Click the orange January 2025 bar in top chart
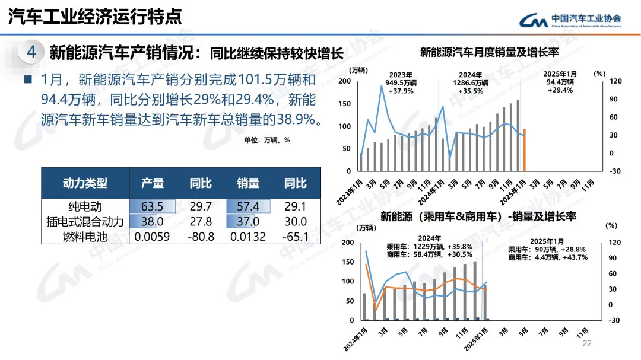click(524, 149)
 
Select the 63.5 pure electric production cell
click(152, 206)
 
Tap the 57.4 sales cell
click(248, 206)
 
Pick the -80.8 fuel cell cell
click(201, 237)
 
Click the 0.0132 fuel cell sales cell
click(248, 237)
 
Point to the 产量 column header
click(152, 183)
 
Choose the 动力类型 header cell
click(85, 183)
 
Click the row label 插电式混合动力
click(85, 222)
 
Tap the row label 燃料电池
click(85, 237)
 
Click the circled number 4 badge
click(31, 52)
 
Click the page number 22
click(588, 344)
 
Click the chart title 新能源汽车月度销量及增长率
click(490, 52)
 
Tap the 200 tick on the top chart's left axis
click(345, 81)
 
